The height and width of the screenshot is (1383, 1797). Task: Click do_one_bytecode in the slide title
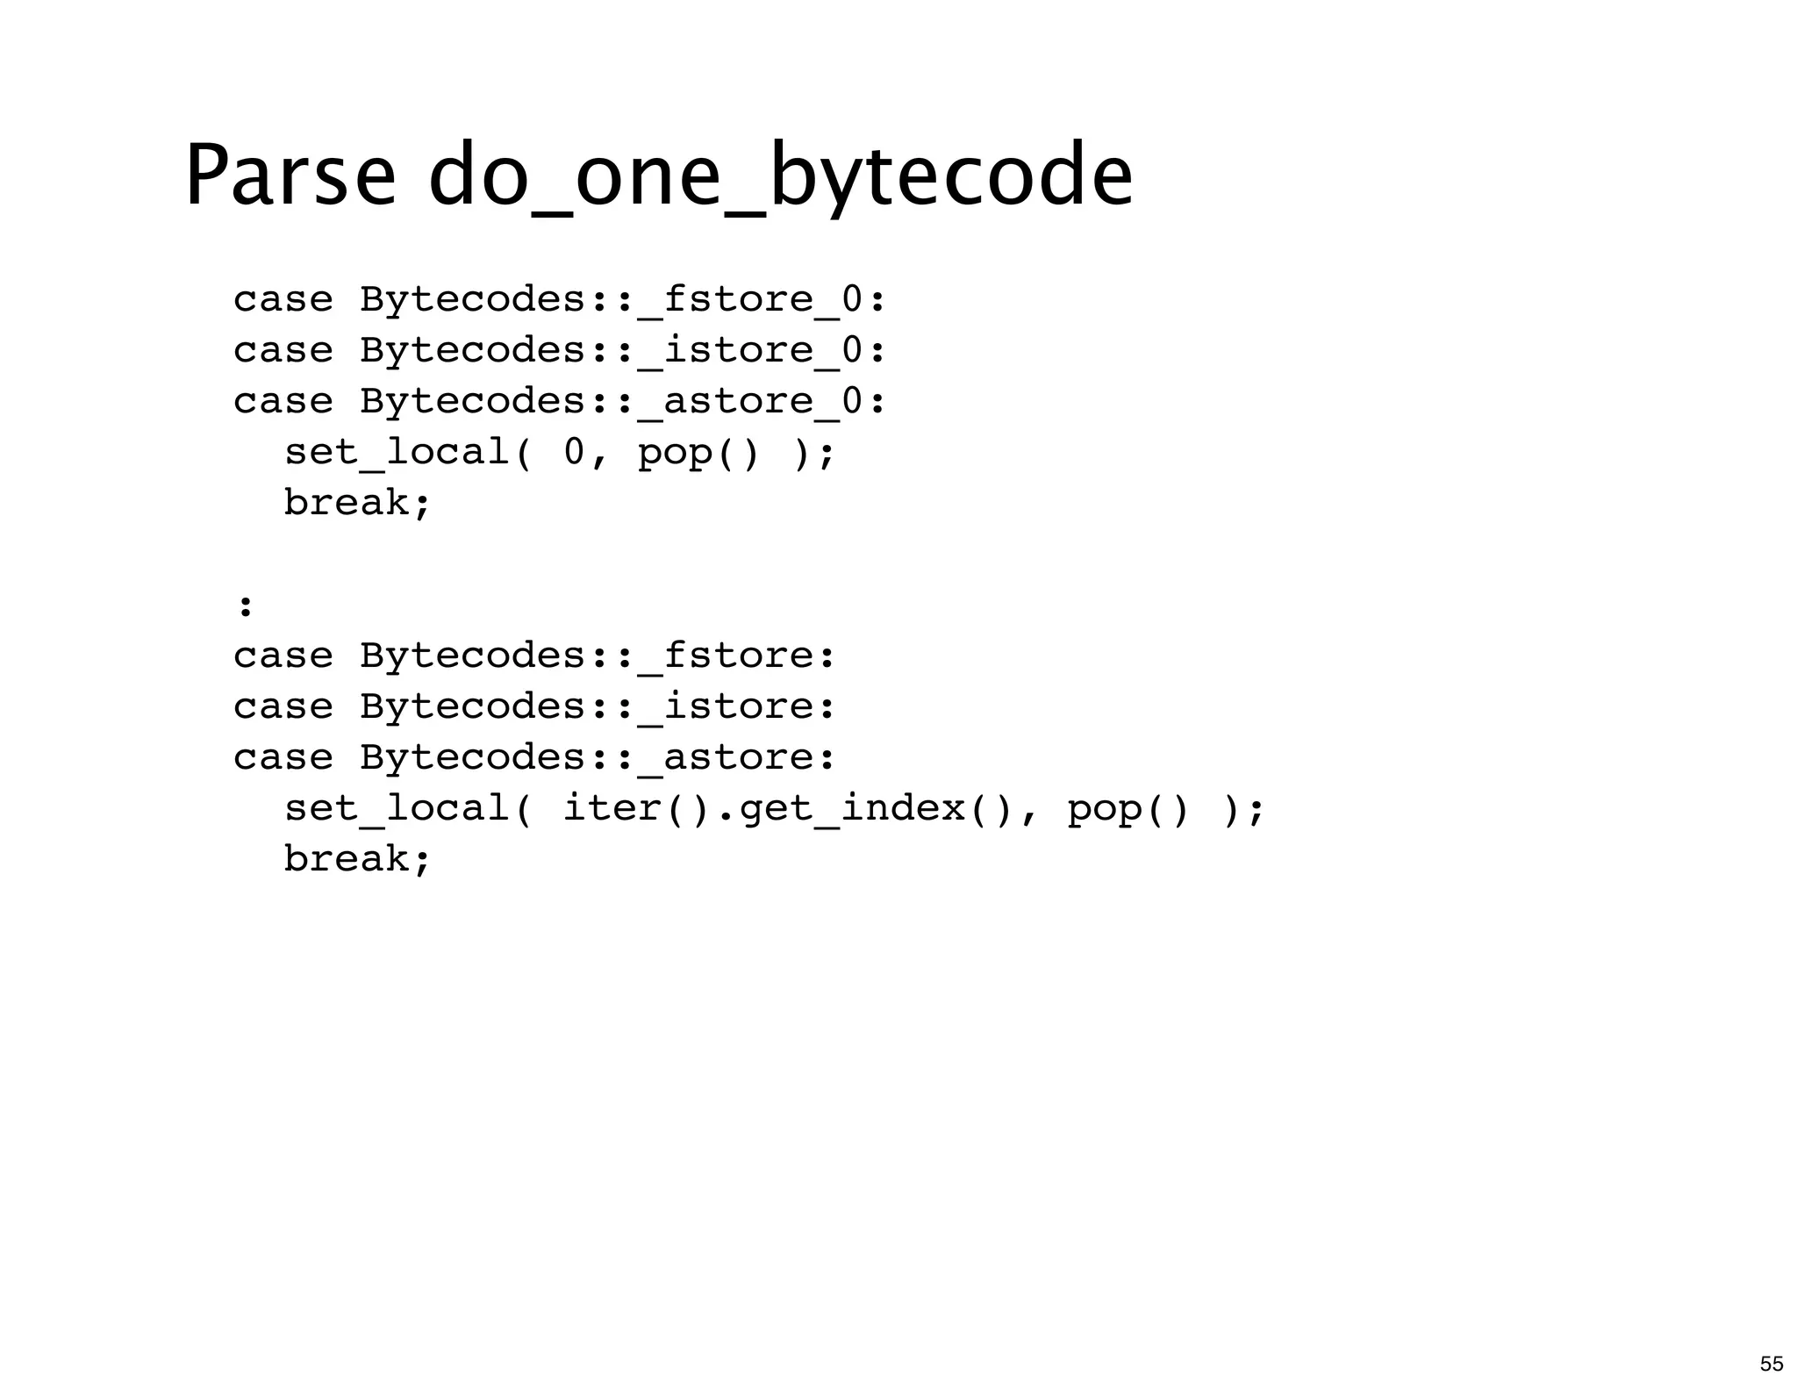point(780,178)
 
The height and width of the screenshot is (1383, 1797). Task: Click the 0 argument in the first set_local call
point(574,453)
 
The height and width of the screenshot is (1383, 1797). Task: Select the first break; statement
point(357,503)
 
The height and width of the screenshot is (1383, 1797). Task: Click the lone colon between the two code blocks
point(246,606)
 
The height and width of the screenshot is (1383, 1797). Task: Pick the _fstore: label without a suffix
point(737,656)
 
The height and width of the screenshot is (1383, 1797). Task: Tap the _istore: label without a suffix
point(737,706)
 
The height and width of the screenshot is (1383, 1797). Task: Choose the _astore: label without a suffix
point(737,757)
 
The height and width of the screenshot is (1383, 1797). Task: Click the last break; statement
point(357,859)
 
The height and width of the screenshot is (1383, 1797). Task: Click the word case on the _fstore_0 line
point(283,300)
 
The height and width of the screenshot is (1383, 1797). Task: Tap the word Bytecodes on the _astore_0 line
point(472,402)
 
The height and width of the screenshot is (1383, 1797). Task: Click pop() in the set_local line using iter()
point(1128,808)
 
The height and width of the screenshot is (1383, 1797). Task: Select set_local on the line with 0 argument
point(397,453)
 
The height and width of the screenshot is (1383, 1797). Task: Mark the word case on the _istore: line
point(283,706)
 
